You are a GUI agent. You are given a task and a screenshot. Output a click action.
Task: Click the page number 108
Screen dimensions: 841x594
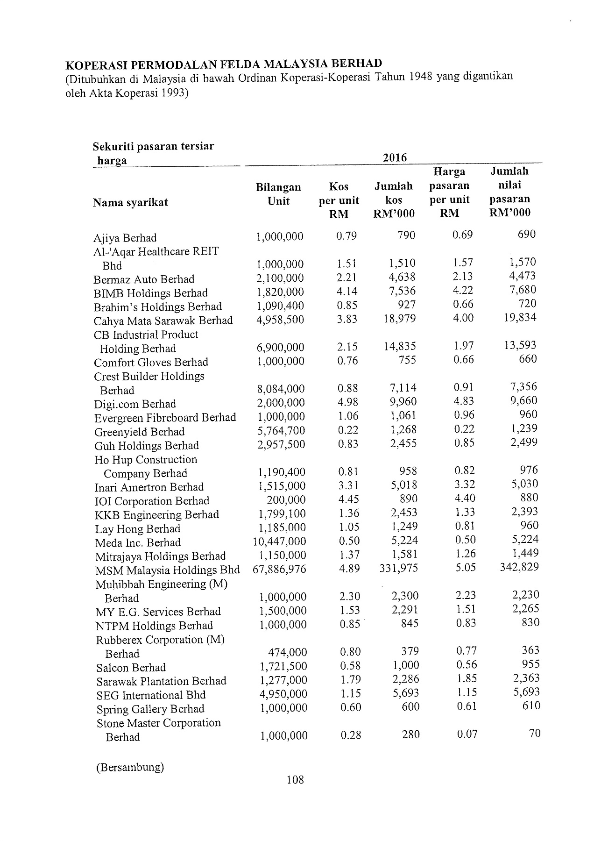(x=296, y=779)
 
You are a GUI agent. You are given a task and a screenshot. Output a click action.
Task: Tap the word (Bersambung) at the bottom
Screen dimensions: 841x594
(x=130, y=768)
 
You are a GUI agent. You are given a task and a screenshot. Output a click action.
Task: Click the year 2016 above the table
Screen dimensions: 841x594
(x=395, y=157)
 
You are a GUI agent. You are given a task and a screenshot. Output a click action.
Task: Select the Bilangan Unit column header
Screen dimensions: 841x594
(x=278, y=194)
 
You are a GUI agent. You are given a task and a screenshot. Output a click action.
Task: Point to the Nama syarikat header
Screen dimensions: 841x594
(x=131, y=202)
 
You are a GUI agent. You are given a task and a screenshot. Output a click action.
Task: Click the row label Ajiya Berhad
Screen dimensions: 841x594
(x=125, y=238)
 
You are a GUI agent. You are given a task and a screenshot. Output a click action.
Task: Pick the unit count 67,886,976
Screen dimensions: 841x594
(x=280, y=570)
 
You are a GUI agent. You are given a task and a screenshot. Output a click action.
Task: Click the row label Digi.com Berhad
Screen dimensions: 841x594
(x=135, y=404)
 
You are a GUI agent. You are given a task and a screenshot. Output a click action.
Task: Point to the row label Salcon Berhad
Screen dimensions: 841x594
(x=131, y=667)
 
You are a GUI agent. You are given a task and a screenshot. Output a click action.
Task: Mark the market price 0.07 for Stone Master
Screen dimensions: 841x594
(x=467, y=734)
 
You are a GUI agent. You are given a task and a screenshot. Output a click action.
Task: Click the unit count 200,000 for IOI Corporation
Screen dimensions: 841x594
(x=286, y=500)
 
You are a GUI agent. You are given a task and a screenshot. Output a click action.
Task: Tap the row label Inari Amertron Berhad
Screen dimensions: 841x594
(x=149, y=487)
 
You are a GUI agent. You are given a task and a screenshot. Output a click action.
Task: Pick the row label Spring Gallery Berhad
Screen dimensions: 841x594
(x=150, y=709)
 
